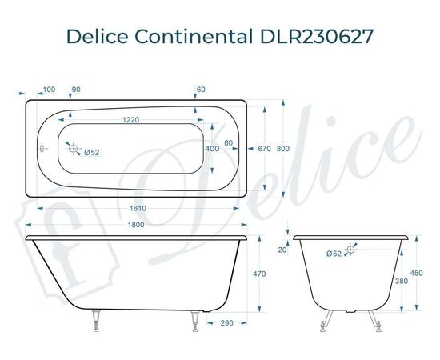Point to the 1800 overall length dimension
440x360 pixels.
135,225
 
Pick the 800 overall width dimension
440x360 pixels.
283,148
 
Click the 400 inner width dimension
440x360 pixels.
212,149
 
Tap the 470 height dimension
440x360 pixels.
259,273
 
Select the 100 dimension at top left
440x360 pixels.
49,89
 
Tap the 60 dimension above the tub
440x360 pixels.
201,89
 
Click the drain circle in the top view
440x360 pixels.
73,149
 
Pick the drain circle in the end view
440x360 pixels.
352,249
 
